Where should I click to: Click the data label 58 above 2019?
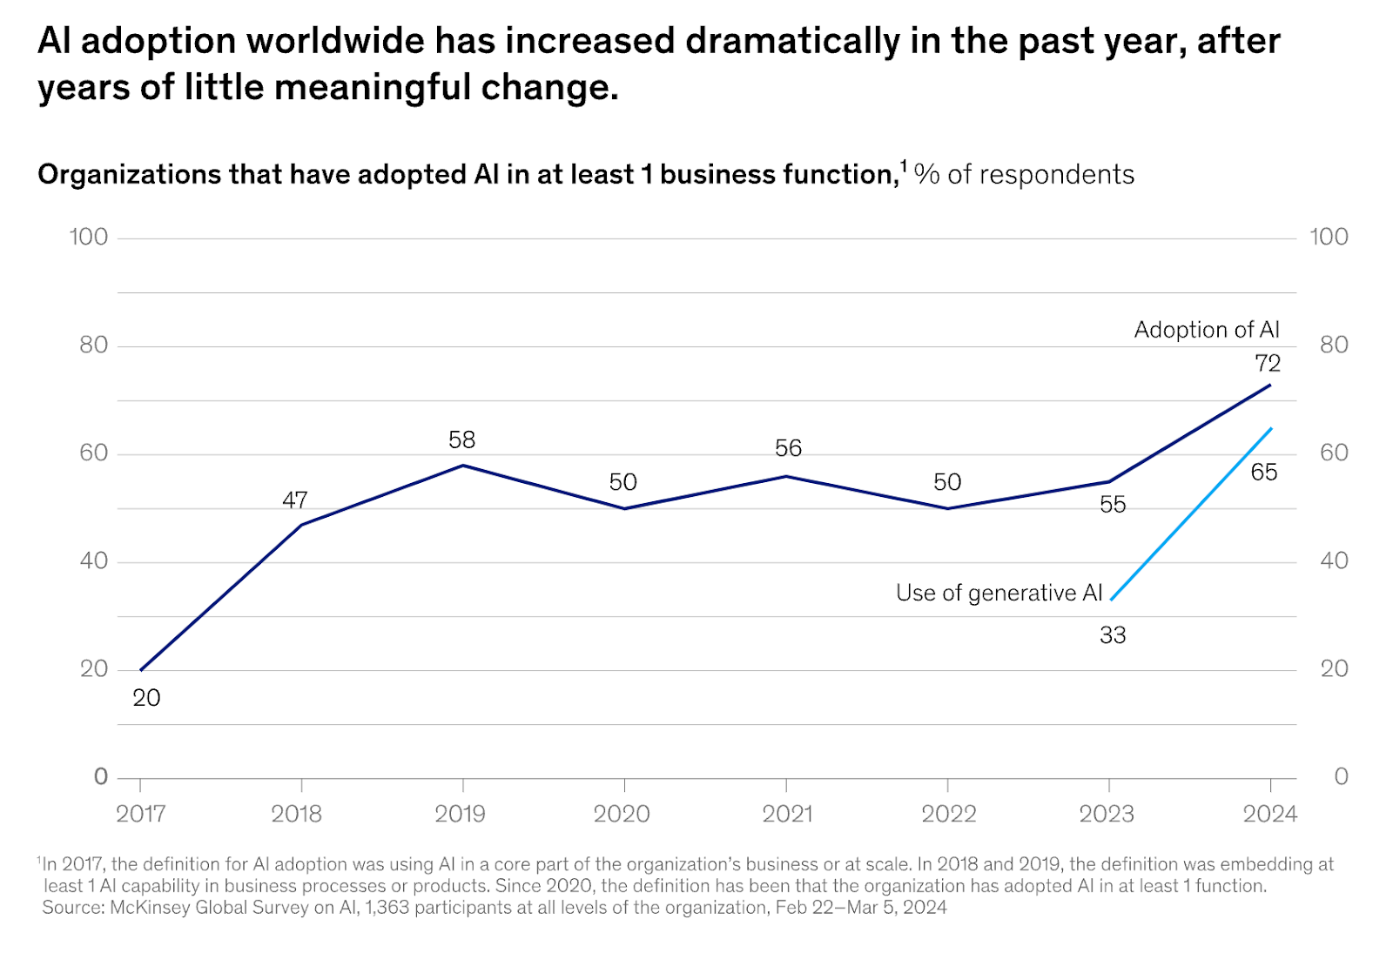462,440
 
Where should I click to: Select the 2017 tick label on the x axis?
141,814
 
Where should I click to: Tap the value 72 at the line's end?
1268,363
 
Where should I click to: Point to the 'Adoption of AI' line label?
1207,330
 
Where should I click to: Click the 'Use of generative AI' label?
999,593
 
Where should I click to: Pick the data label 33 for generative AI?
1113,635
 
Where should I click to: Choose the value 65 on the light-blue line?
1264,472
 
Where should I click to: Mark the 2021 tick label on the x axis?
787,814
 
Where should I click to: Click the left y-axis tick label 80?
93,345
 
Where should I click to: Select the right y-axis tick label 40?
1334,560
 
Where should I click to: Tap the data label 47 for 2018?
295,500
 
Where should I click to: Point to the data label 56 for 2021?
788,448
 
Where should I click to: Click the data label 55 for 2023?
1113,505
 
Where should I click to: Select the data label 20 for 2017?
146,698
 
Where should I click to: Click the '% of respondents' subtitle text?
1024,175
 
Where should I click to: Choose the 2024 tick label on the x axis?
1270,814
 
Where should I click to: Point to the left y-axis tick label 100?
89,237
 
